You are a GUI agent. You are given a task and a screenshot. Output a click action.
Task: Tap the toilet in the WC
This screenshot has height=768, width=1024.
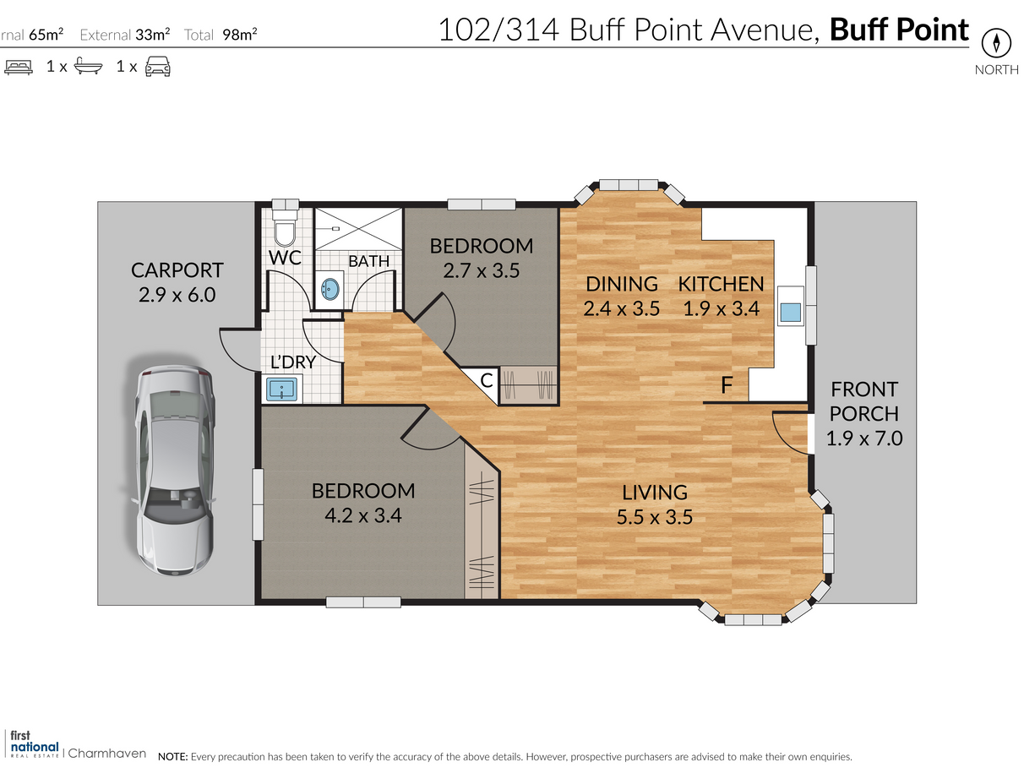coord(285,227)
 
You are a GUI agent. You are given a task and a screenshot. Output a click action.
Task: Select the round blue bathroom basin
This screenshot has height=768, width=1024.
coord(330,289)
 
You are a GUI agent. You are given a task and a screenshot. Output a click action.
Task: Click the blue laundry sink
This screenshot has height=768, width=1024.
coord(281,389)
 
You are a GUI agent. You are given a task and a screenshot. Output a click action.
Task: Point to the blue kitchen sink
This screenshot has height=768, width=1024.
coord(790,312)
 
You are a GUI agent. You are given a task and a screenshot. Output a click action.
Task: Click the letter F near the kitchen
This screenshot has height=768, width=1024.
coord(727,385)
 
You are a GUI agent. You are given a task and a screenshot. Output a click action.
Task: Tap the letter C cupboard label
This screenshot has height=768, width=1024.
coord(486,380)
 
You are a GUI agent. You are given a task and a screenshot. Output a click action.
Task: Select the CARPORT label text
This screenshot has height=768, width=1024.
coord(177,270)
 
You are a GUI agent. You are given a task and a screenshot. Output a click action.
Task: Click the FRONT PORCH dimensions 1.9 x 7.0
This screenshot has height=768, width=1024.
coord(864,438)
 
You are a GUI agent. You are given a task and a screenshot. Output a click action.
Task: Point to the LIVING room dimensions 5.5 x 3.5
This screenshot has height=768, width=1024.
coord(655,517)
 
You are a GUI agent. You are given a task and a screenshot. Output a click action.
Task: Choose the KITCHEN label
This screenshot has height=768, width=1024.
coord(721,284)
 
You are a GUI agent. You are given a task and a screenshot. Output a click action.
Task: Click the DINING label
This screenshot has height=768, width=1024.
coord(621,284)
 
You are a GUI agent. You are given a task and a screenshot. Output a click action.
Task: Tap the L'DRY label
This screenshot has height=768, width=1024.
coord(293,362)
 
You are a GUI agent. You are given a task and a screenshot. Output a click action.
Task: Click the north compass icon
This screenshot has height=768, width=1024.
coord(996,43)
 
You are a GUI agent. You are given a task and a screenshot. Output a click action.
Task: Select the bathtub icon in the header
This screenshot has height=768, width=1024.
coord(88,66)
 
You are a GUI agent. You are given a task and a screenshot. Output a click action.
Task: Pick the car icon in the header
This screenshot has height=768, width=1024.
coord(158,66)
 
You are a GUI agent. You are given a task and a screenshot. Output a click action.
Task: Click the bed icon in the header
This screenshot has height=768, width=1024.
coord(19,67)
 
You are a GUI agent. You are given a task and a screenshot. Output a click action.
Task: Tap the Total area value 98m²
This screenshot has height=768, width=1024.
coord(240,34)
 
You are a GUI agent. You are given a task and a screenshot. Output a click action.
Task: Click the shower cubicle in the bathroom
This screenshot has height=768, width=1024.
coord(358,229)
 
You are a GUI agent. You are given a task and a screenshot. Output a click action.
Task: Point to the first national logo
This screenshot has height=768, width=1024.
coord(35,744)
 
